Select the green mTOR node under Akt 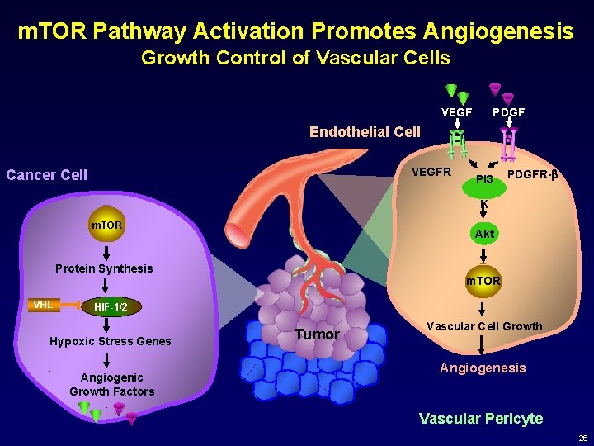(483, 281)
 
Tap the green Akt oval (484, 234)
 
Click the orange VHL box (42, 305)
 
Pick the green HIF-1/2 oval (110, 306)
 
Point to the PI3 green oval (484, 179)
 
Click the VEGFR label (431, 173)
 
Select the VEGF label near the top (457, 111)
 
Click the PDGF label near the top (508, 111)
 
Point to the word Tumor (318, 334)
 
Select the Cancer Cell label (46, 175)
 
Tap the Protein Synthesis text (104, 268)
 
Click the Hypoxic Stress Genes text (111, 341)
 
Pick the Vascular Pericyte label (481, 419)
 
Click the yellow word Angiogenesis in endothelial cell (483, 368)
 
